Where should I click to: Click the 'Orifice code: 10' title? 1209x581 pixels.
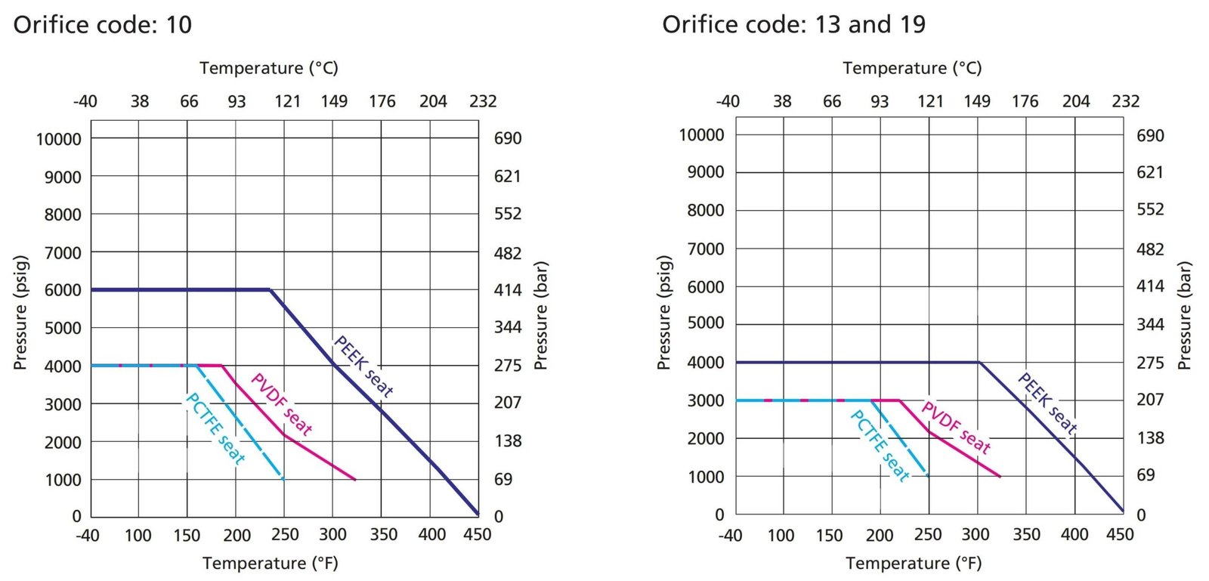point(103,25)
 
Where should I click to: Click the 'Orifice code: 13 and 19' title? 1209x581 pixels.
point(793,25)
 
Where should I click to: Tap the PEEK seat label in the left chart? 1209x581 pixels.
point(363,366)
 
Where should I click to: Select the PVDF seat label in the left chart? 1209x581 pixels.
point(281,404)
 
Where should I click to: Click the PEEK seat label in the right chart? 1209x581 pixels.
point(1047,403)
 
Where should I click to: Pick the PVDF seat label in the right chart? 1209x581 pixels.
point(956,428)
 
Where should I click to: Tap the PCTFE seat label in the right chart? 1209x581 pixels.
point(880,445)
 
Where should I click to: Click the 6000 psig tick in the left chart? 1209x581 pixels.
point(63,290)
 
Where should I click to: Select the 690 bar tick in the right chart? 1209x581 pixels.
point(1150,136)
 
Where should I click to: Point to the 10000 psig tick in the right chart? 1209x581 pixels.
point(701,135)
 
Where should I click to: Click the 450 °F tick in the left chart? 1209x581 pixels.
point(477,535)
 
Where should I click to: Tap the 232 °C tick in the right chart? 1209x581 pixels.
point(1125,101)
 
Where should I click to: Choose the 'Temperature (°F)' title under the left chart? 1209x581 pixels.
point(271,564)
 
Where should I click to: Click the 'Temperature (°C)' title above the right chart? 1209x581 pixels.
point(912,68)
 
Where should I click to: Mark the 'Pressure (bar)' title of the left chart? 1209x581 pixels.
point(540,316)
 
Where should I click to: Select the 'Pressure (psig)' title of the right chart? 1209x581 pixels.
point(664,313)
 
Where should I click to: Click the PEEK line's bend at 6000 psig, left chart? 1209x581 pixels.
point(270,289)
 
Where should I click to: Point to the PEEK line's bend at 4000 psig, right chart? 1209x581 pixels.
point(979,363)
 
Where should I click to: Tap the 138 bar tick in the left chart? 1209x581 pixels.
point(508,440)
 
